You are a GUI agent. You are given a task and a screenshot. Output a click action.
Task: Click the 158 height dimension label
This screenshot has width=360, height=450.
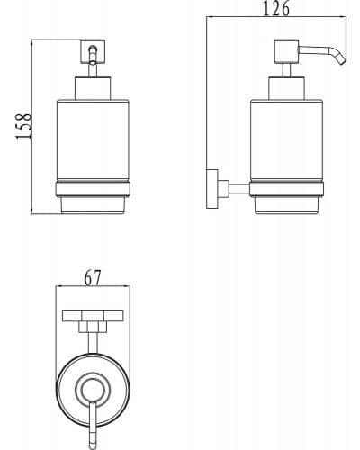pos(23,126)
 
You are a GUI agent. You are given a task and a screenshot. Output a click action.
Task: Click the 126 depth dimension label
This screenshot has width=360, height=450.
pos(276,8)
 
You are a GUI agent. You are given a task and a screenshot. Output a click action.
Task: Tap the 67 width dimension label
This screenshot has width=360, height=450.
pos(93,278)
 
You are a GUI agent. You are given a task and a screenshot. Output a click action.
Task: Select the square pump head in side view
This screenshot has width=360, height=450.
pos(286,51)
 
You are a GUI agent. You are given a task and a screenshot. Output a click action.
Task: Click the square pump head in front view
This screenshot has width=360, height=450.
pos(93,51)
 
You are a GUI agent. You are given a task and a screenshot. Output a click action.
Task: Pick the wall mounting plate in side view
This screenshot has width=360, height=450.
pos(212,189)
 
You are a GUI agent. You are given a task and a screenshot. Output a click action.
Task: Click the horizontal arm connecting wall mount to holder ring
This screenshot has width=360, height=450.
pos(239,189)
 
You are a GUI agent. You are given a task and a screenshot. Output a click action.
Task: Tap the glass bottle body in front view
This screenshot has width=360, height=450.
pos(93,140)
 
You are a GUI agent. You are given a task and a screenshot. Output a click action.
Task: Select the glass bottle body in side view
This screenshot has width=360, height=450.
pos(286,140)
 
